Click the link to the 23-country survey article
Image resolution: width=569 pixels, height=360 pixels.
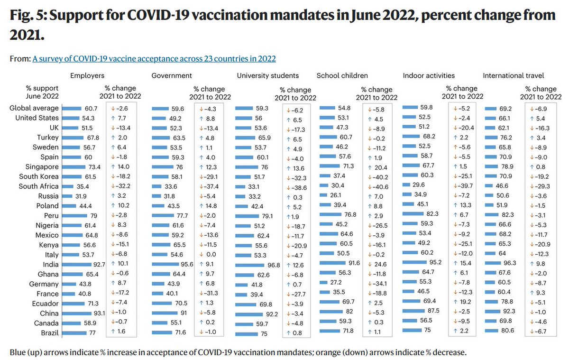tap(154, 59)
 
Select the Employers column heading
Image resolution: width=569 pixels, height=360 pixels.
tap(87, 75)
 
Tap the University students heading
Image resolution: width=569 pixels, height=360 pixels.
tap(268, 75)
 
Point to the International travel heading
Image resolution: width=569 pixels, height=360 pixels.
tap(513, 75)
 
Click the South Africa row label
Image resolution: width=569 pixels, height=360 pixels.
tap(39, 186)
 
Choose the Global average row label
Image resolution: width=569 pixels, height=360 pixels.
tap(35, 108)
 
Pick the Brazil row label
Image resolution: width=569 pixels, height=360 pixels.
tap(49, 333)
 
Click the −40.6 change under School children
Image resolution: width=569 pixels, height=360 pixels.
tap(379, 187)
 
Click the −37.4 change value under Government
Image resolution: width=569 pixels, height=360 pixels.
tap(212, 186)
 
